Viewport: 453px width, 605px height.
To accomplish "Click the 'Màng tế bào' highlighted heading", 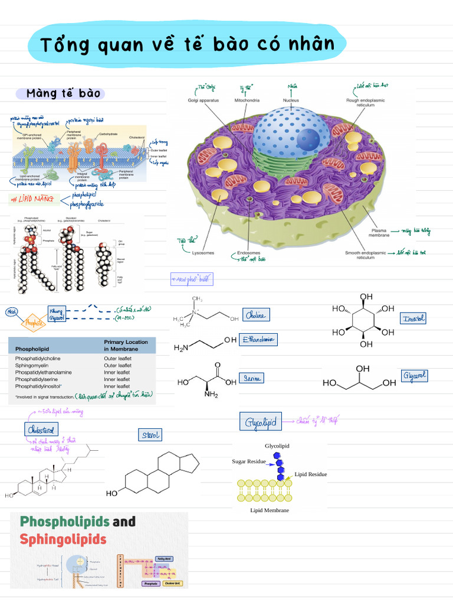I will (x=65, y=93).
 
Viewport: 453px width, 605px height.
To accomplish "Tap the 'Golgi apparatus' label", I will (x=203, y=100).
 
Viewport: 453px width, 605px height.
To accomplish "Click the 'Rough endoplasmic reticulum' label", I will (x=365, y=103).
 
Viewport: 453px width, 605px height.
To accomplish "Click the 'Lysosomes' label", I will (x=203, y=253).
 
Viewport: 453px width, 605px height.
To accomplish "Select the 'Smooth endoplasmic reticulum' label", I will (x=365, y=255).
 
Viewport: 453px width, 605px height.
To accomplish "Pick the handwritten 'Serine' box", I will (x=251, y=378).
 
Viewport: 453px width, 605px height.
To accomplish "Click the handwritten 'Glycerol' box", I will (x=414, y=376).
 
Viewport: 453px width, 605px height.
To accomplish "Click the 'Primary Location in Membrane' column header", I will (x=126, y=345).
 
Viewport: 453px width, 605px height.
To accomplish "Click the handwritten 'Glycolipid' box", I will (x=261, y=422).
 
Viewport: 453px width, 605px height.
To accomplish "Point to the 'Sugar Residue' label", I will (x=248, y=460).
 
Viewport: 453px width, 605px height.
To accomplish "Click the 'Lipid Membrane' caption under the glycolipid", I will (x=270, y=510).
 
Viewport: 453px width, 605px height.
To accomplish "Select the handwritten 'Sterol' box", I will (x=150, y=435).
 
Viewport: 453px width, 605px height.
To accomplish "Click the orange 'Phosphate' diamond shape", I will (x=34, y=323).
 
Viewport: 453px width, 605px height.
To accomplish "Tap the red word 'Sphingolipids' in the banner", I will (x=63, y=539).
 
